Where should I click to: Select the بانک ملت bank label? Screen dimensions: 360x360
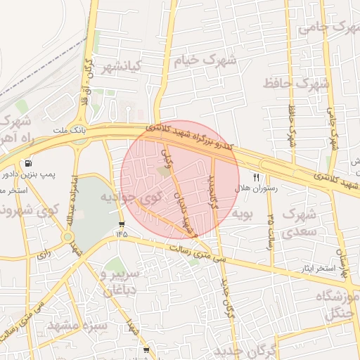70,131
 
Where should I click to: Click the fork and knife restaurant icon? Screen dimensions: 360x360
256,178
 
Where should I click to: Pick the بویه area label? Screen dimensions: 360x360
242,212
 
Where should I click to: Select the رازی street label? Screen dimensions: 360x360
44,251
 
